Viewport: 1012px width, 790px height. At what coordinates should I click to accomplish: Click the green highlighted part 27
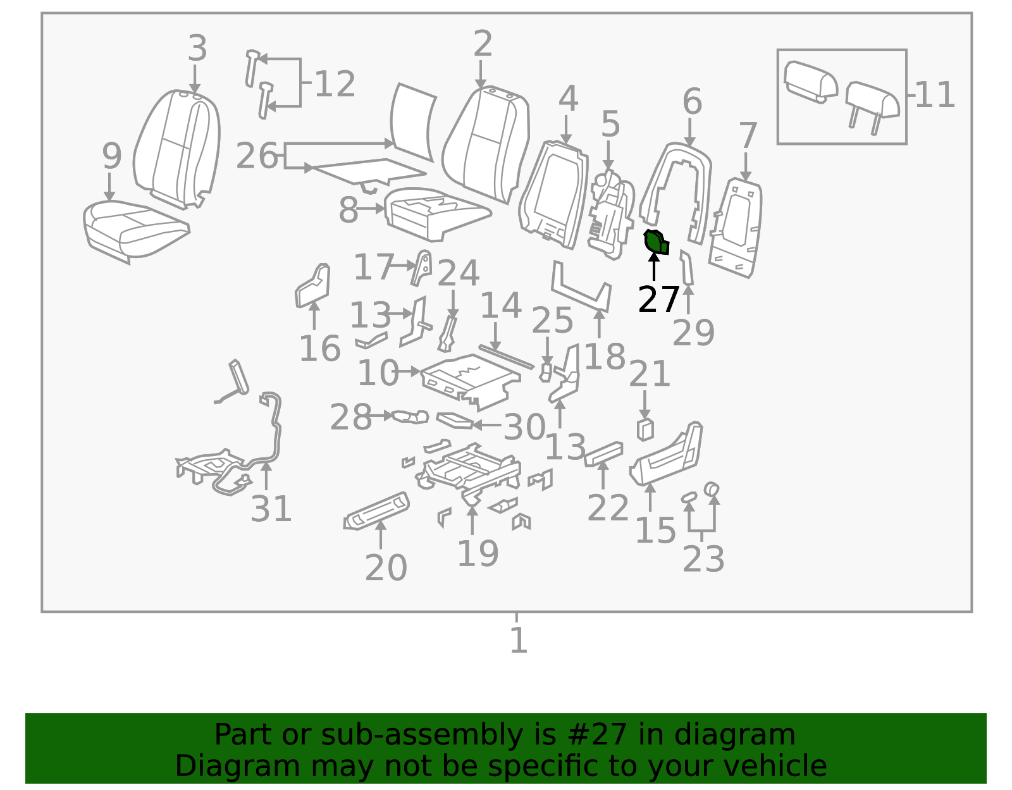[656, 242]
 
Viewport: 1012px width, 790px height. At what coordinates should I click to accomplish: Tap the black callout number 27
[658, 299]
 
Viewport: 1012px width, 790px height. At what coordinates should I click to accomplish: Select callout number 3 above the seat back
[197, 48]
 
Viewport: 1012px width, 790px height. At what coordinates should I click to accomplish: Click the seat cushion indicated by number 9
[136, 230]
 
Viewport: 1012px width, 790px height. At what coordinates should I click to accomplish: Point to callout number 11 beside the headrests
[935, 94]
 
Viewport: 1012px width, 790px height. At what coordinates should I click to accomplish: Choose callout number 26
[257, 156]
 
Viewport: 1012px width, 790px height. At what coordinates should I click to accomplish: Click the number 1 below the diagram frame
[519, 639]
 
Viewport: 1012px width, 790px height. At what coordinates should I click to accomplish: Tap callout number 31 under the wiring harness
[271, 509]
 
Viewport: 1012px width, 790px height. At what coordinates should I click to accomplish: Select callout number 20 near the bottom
[386, 567]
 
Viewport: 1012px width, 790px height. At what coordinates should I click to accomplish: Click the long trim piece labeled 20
[376, 510]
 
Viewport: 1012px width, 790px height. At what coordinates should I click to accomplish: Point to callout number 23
[703, 559]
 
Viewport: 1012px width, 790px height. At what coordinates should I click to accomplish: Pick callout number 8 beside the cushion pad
[349, 210]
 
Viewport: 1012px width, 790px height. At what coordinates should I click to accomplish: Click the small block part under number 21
[645, 429]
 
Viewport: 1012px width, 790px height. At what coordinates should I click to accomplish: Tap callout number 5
[610, 124]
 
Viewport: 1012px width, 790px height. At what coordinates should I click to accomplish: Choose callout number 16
[319, 349]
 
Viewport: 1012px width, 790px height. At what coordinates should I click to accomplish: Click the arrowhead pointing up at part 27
[654, 258]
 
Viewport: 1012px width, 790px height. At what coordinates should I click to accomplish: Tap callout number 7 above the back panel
[748, 135]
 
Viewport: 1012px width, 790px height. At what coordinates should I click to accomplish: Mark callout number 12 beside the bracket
[335, 83]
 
